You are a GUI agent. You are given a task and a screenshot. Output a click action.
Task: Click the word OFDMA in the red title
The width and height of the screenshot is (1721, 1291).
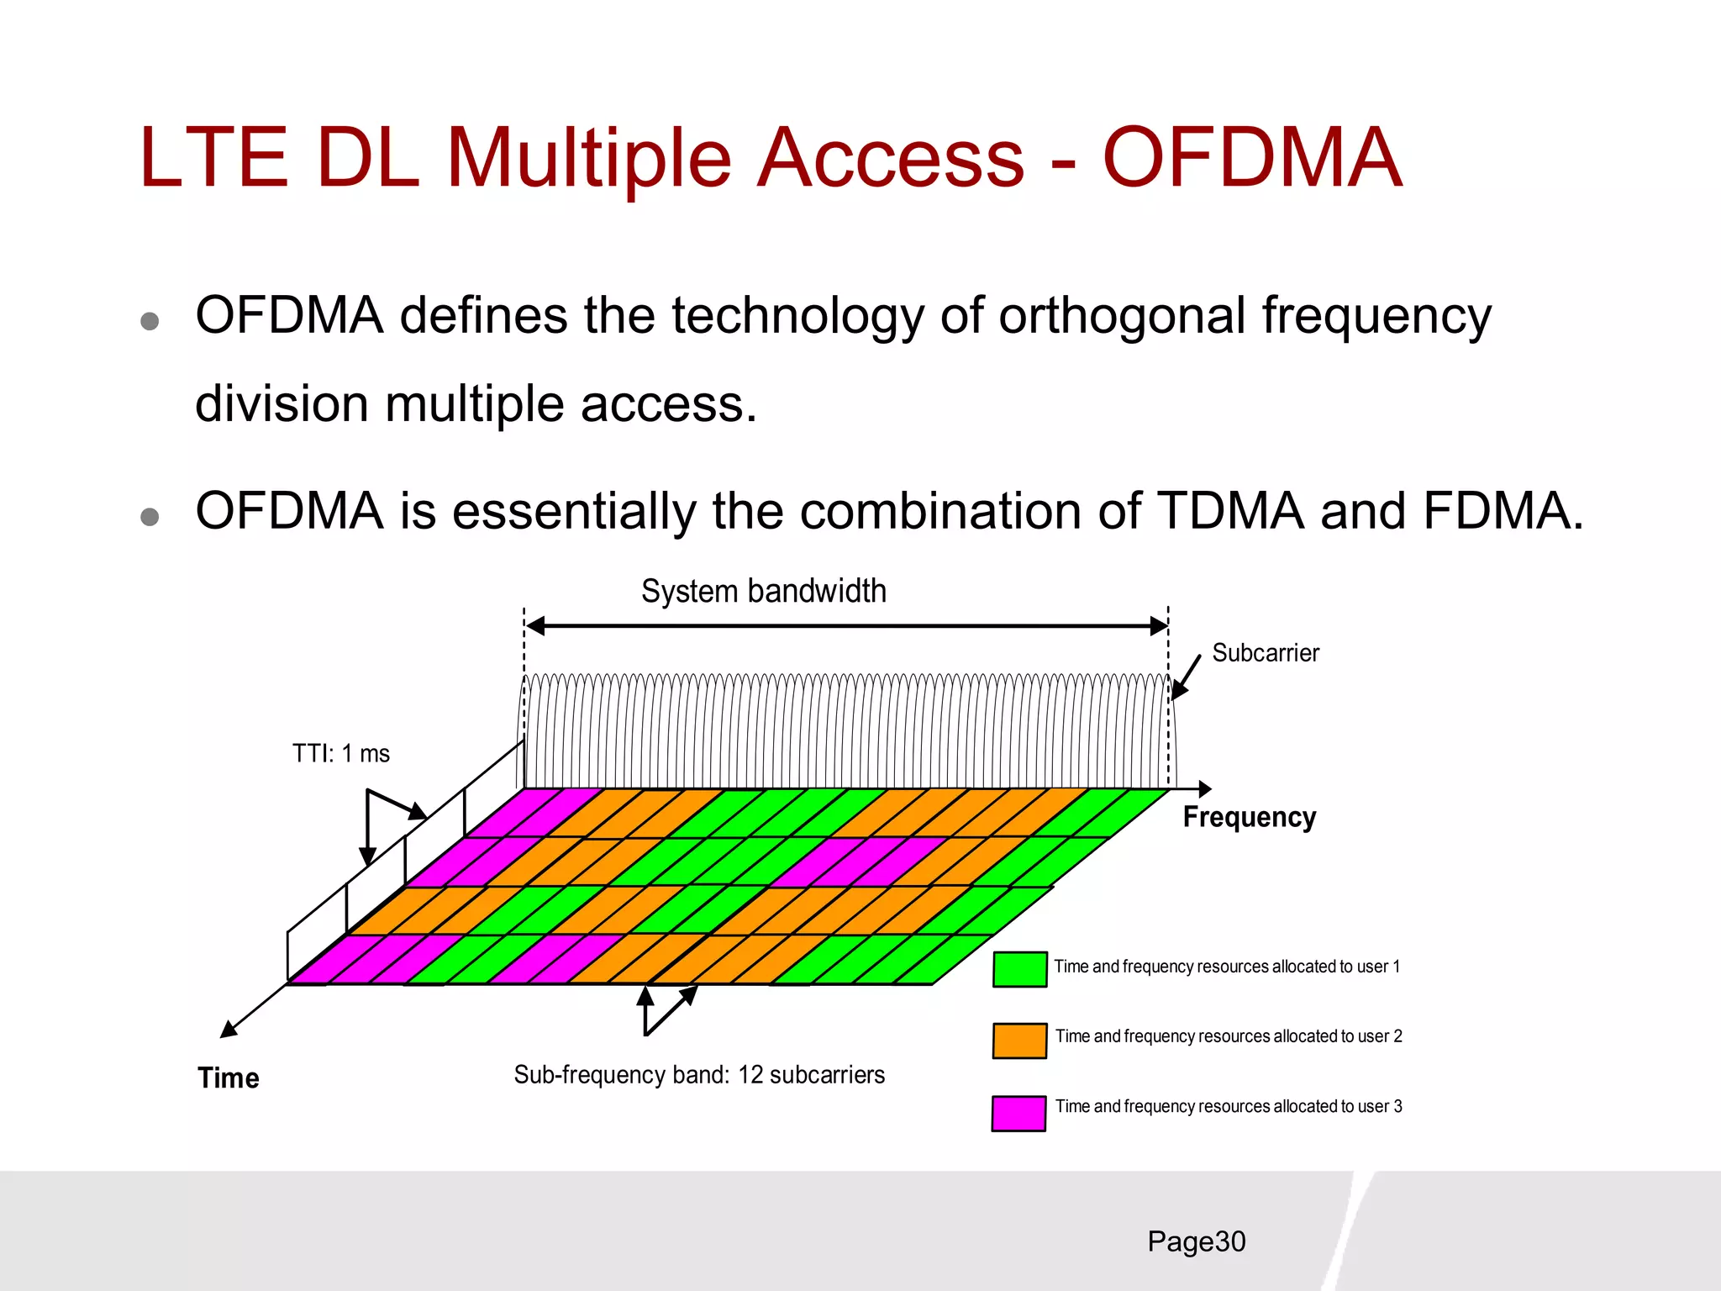(x=1251, y=157)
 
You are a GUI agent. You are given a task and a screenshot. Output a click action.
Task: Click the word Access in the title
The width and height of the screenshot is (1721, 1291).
(x=890, y=157)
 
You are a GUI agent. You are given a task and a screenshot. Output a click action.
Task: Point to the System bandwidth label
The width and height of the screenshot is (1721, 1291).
(x=763, y=591)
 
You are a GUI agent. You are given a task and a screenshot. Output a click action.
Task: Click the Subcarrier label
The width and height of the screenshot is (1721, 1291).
(x=1265, y=653)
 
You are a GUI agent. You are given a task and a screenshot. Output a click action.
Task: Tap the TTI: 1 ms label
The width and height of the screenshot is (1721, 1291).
(x=340, y=753)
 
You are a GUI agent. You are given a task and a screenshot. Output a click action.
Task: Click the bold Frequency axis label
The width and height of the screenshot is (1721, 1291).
(x=1249, y=817)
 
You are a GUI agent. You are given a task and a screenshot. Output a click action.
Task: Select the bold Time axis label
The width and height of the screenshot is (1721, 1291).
(x=228, y=1078)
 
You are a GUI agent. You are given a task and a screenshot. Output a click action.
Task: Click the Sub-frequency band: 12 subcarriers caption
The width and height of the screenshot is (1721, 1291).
(x=699, y=1075)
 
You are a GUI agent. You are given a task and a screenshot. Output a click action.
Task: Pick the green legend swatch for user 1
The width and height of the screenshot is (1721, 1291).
(x=1019, y=969)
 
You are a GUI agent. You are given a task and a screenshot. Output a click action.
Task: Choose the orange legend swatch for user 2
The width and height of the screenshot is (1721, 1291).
(x=1019, y=1040)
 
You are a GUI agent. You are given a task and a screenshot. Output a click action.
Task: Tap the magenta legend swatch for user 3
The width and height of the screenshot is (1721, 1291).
(x=1018, y=1114)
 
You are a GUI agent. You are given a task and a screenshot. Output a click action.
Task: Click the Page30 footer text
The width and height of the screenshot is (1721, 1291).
(x=1196, y=1241)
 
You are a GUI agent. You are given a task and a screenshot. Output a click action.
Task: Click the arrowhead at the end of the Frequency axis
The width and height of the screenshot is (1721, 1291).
(x=1204, y=788)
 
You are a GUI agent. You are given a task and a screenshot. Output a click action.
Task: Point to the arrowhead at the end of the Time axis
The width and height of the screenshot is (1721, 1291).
(x=228, y=1030)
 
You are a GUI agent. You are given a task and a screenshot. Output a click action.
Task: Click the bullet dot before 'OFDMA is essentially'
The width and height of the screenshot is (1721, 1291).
(x=150, y=516)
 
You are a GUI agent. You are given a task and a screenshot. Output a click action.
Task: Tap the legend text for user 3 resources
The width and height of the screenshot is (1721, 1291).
(x=1228, y=1106)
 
